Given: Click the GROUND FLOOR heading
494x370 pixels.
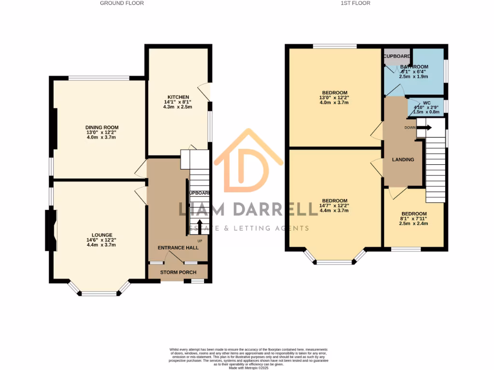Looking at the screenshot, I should pyautogui.click(x=122, y=3).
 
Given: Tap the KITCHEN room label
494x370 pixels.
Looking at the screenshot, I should pyautogui.click(x=178, y=97).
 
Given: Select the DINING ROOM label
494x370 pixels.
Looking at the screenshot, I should pyautogui.click(x=101, y=127).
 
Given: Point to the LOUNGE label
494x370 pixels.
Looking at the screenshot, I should pyautogui.click(x=101, y=235).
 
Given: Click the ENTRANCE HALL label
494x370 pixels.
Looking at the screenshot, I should pyautogui.click(x=178, y=247).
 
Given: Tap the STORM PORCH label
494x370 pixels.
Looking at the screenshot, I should pyautogui.click(x=178, y=272).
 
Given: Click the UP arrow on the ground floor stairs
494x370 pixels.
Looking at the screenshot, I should pyautogui.click(x=199, y=227).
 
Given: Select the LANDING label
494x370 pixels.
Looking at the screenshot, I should pyautogui.click(x=403, y=159).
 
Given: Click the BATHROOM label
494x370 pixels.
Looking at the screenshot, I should pyautogui.click(x=414, y=66).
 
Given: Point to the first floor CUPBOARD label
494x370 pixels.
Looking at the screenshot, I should pyautogui.click(x=397, y=56).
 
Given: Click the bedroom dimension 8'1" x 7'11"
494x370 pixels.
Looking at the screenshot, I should pyautogui.click(x=414, y=219).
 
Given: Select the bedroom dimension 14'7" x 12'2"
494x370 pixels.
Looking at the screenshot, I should pyautogui.click(x=334, y=206).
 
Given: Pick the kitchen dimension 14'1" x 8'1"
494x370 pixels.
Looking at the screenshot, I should pyautogui.click(x=178, y=102).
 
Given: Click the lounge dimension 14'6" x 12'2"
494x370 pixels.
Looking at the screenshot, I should pyautogui.click(x=101, y=240).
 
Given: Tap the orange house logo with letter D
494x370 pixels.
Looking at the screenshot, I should pyautogui.click(x=248, y=161).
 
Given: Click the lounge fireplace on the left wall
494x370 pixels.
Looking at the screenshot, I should pyautogui.click(x=51, y=230).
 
